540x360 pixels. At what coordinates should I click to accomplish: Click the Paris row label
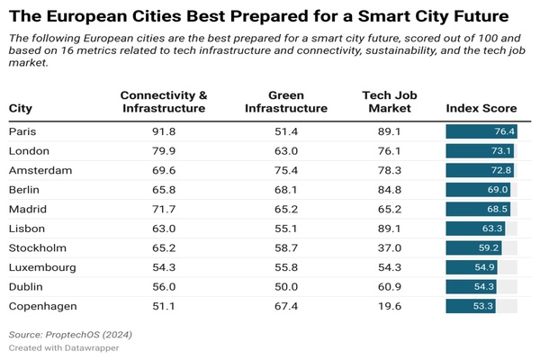(x=22, y=131)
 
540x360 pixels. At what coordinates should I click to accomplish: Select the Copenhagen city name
(x=41, y=307)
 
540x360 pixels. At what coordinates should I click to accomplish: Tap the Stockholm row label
(x=36, y=247)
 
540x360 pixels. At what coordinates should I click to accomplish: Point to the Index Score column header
(x=481, y=108)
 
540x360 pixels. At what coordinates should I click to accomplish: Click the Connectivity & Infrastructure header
(x=164, y=101)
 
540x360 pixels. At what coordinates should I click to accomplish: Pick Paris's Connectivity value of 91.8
(x=164, y=131)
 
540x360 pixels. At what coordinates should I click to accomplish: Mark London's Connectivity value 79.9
(x=164, y=151)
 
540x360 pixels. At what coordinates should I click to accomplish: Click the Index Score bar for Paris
(x=481, y=131)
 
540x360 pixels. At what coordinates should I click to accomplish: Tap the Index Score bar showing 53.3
(x=472, y=307)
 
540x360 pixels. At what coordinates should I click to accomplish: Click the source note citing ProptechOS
(x=70, y=334)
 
